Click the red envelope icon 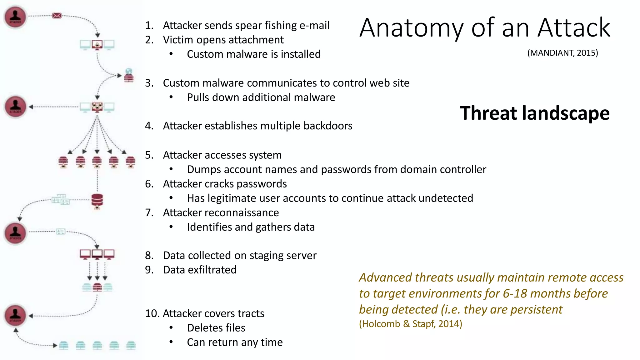coord(57,16)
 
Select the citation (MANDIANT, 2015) coord(562,53)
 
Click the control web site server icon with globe coord(129,75)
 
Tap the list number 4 coord(149,126)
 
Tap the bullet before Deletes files coord(171,328)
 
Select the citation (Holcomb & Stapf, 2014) coord(410,324)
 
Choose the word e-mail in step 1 coord(314,26)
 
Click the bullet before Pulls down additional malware coord(171,97)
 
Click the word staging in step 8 coord(267,256)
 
